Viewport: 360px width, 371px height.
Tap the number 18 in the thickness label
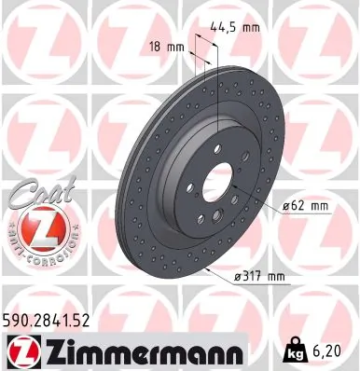pyautogui.click(x=155, y=45)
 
